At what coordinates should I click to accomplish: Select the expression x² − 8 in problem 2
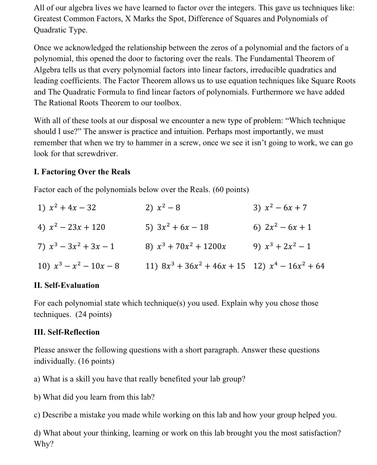point(169,208)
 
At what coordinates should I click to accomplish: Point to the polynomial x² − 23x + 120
point(77,227)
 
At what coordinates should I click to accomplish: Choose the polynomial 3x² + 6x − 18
point(183,227)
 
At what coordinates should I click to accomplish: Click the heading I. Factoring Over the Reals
point(82,172)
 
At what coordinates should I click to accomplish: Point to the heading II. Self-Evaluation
point(66,286)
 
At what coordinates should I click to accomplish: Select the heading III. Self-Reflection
point(67,332)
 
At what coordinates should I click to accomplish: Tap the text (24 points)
point(93,314)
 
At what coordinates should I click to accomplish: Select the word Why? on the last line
point(43,444)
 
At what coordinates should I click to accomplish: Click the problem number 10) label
point(44,266)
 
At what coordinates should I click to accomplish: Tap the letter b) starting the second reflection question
point(37,397)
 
